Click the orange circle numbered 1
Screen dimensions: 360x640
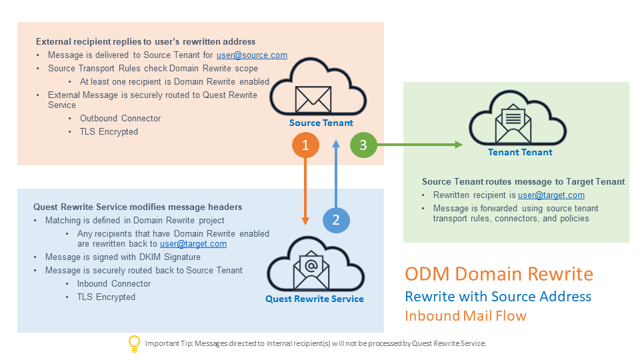click(x=305, y=145)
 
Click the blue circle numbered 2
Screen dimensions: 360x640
click(x=336, y=219)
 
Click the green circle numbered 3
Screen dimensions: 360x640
click(x=363, y=145)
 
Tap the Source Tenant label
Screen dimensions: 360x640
click(x=321, y=123)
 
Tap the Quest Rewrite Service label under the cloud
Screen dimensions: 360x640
click(x=315, y=299)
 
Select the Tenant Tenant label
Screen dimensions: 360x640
click(x=520, y=152)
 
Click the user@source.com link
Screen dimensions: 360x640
click(x=252, y=55)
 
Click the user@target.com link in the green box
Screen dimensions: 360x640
click(x=551, y=195)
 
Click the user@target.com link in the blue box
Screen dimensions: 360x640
click(x=193, y=244)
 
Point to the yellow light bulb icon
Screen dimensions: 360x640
click(x=134, y=343)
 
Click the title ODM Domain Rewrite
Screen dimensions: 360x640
click(x=499, y=274)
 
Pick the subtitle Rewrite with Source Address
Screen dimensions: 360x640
click(x=498, y=296)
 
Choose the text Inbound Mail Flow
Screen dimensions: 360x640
click(x=465, y=315)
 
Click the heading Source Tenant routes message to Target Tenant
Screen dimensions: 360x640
click(x=523, y=181)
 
